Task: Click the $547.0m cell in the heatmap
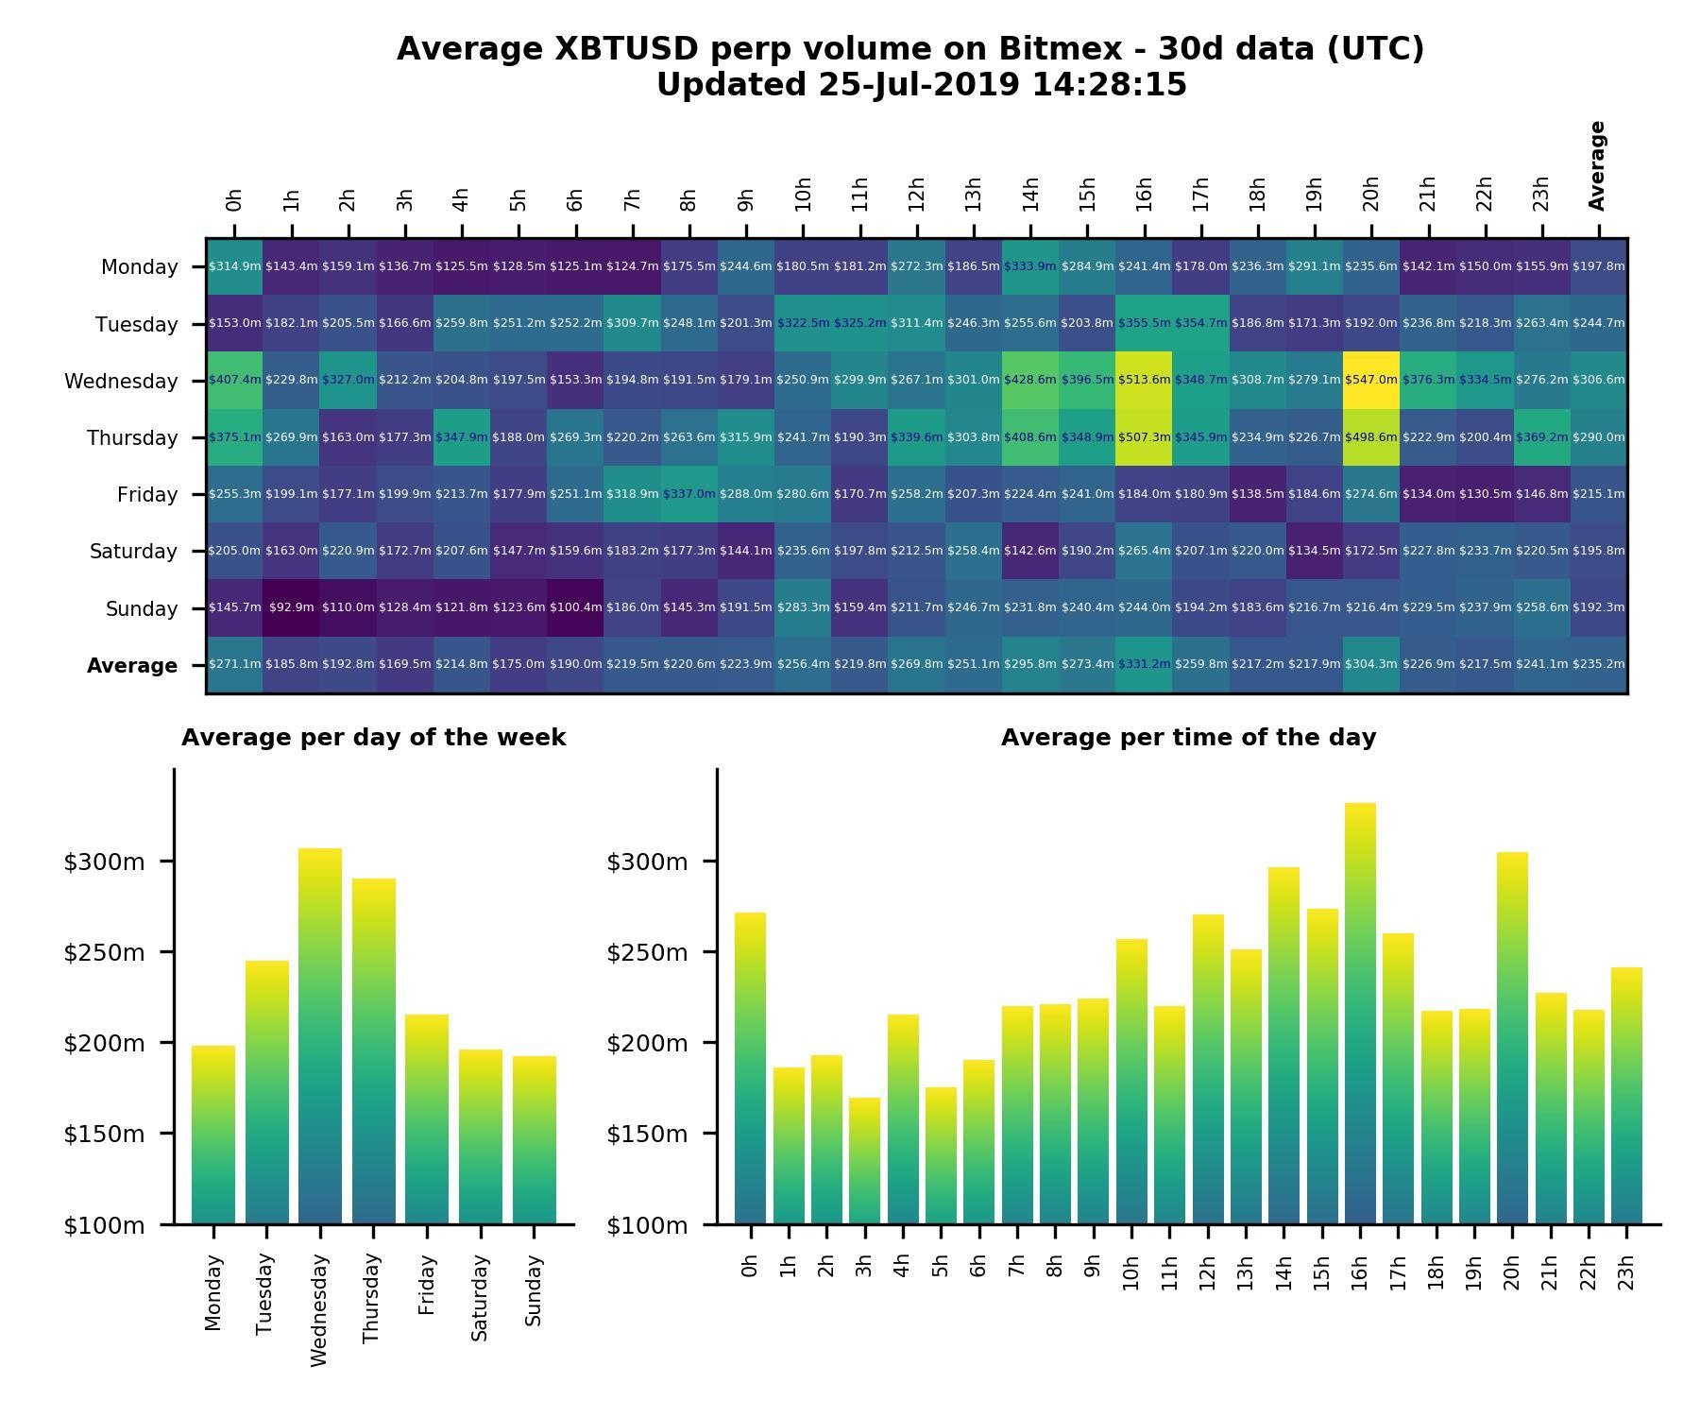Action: tap(1371, 380)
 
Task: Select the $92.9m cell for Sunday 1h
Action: tap(292, 607)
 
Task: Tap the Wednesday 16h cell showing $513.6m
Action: tap(1144, 380)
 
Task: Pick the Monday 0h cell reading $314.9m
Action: tap(234, 266)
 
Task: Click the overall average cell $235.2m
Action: tap(1599, 664)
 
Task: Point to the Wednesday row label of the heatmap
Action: tap(121, 382)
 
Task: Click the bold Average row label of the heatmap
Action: tap(132, 666)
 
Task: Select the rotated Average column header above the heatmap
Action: tap(1597, 165)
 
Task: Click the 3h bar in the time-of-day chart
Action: tap(864, 1161)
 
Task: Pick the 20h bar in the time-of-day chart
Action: tap(1512, 1038)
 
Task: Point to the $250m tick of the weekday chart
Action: tap(104, 952)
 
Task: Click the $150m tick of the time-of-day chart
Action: tap(647, 1134)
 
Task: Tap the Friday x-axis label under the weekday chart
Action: tap(427, 1285)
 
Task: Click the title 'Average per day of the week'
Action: tap(374, 738)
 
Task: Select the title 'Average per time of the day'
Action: tap(1188, 738)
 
